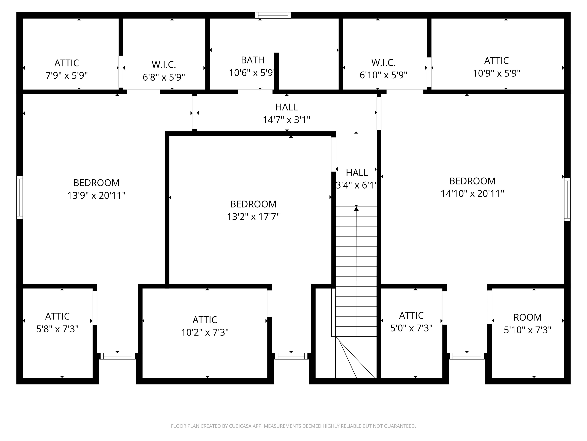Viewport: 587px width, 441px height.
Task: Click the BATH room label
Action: [252, 60]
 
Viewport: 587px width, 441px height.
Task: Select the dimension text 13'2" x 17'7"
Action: [253, 217]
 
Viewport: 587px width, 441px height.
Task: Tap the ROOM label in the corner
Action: [527, 317]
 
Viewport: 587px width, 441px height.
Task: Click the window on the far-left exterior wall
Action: [20, 198]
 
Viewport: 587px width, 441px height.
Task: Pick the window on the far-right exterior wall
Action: [567, 199]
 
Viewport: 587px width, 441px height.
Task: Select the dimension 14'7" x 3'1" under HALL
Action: [286, 120]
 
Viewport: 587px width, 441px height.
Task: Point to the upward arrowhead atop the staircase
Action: [356, 209]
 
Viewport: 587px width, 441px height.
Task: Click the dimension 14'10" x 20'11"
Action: [472, 193]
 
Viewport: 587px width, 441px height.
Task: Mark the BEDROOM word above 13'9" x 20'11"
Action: [96, 183]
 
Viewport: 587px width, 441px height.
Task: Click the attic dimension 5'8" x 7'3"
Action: [57, 329]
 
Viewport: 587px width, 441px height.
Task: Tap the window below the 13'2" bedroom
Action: [291, 356]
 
